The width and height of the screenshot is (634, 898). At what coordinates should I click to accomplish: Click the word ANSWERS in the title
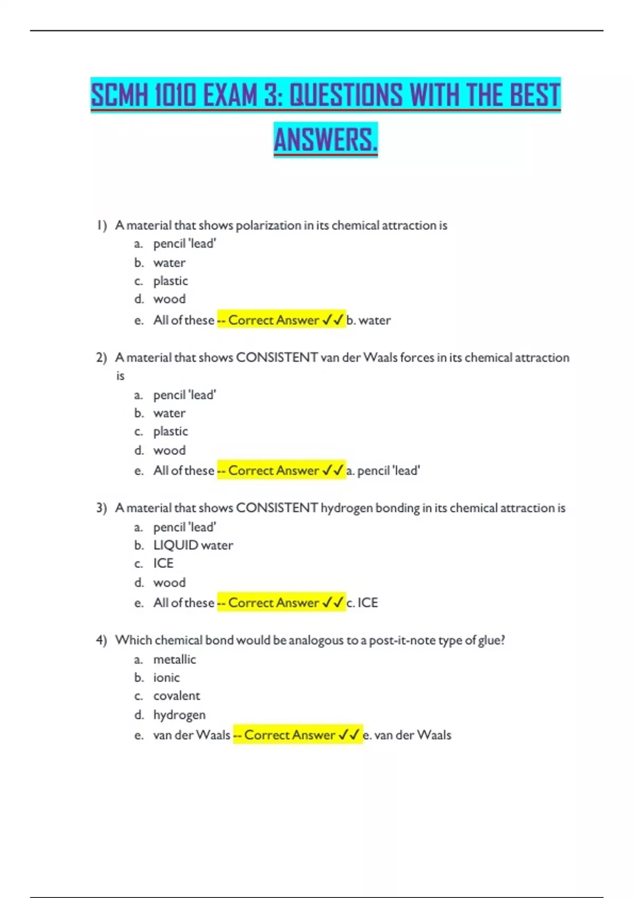tap(325, 140)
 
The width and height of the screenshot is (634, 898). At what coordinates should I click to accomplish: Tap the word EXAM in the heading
tap(230, 96)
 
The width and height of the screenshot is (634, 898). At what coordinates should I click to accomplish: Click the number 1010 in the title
tap(175, 96)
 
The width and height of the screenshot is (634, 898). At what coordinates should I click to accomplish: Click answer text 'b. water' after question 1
tap(369, 320)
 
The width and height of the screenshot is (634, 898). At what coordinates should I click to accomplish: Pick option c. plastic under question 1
tap(170, 281)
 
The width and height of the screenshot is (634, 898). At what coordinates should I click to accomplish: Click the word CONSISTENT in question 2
tap(277, 358)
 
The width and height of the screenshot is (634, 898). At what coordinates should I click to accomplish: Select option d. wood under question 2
tap(169, 451)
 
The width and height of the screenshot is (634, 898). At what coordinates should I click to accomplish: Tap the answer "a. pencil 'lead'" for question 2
tap(384, 471)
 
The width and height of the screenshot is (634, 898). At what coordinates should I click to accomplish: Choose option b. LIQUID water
tap(193, 545)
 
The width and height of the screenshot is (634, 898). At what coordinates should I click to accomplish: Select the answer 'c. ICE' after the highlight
tap(362, 603)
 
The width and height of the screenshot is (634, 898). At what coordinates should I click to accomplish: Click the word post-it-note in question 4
tap(402, 640)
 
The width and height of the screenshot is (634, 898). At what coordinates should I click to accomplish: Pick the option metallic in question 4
tap(174, 659)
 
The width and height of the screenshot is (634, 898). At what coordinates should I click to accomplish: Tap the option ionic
tap(166, 678)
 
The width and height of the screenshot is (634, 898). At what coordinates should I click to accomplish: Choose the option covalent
tap(176, 696)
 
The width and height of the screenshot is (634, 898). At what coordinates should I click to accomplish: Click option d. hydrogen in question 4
tap(179, 715)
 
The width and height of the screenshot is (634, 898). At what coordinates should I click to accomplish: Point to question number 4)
tap(101, 640)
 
